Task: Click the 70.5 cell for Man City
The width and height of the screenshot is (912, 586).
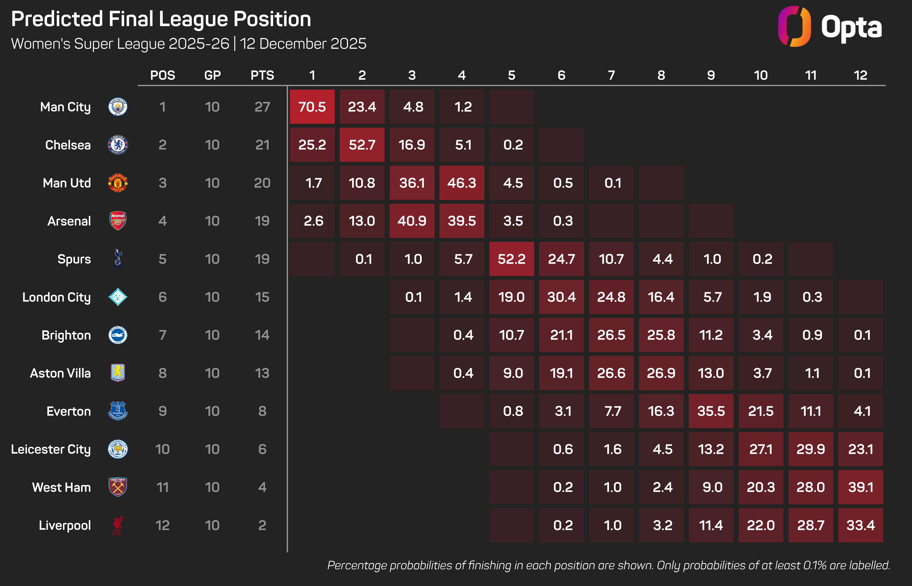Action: click(312, 107)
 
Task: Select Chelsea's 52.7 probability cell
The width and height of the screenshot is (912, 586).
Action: click(362, 145)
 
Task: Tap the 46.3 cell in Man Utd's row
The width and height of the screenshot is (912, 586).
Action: click(462, 183)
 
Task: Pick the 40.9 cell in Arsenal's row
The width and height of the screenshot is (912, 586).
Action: click(412, 221)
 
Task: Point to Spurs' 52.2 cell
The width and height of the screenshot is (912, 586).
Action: click(512, 259)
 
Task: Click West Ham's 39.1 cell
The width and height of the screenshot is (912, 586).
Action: click(861, 487)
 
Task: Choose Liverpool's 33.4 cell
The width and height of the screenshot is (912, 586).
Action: click(861, 526)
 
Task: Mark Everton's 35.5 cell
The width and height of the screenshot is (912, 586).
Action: click(711, 411)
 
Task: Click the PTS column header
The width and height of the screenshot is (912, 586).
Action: click(262, 75)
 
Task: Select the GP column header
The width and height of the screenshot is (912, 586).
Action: click(212, 75)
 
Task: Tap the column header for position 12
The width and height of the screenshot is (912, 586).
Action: click(861, 75)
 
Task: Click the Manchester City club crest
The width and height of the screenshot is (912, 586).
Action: click(118, 107)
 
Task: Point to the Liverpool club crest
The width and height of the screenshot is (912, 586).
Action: click(118, 526)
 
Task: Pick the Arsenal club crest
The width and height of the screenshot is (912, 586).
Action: click(118, 221)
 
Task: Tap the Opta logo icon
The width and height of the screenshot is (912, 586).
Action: click(794, 27)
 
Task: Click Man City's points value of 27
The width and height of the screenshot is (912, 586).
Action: click(262, 107)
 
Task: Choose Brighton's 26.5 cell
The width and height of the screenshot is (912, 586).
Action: click(611, 335)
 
